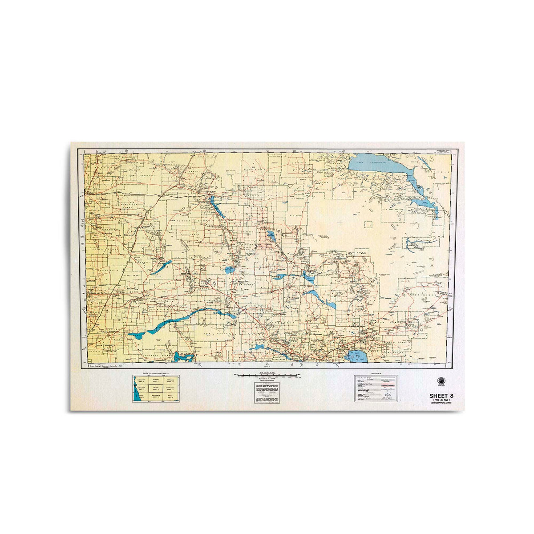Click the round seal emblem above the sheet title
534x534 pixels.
pos(443,382)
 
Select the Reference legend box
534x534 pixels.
pos(376,388)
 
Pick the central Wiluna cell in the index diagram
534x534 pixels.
pos(156,388)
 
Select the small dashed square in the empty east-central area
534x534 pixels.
pos(368,225)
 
